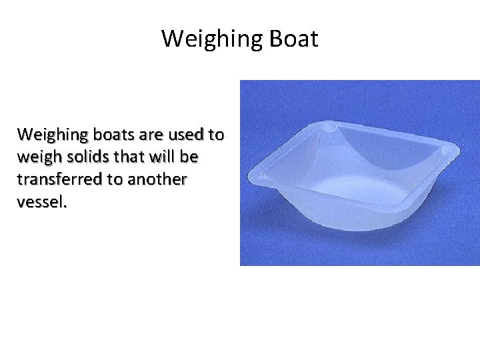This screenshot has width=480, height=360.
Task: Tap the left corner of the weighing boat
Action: pyautogui.click(x=262, y=177)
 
